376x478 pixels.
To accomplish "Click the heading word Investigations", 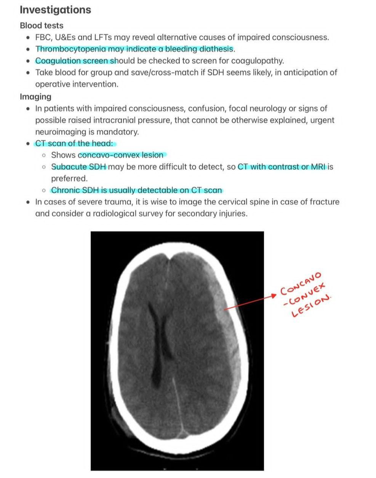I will [55, 10].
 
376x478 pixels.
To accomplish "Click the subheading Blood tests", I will [42, 26].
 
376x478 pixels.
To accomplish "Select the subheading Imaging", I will [35, 97].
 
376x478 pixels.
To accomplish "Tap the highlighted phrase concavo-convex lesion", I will [121, 155].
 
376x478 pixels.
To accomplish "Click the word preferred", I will [69, 178].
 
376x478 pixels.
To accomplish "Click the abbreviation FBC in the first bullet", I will [43, 37].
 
